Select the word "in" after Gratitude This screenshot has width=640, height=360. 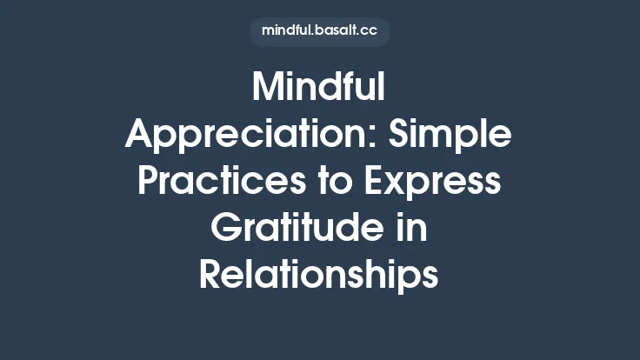pyautogui.click(x=414, y=229)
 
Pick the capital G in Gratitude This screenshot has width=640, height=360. pyautogui.click(x=226, y=229)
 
